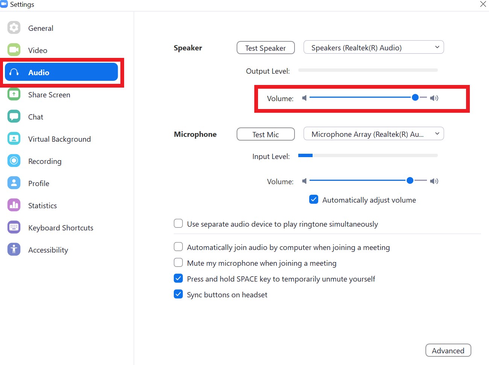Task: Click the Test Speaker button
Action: [x=265, y=48]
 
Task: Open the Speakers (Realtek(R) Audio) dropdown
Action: [x=374, y=47]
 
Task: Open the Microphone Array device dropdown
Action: [x=374, y=134]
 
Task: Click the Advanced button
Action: [x=448, y=350]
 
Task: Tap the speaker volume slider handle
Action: [x=415, y=97]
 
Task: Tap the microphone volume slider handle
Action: [x=410, y=180]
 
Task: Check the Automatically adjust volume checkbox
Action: [x=314, y=199]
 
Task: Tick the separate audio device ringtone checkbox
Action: [x=178, y=224]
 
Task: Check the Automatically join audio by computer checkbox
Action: [x=178, y=247]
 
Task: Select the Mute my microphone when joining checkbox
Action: [x=178, y=262]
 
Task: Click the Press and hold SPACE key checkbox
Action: [x=178, y=279]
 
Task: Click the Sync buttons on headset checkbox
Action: [x=178, y=294]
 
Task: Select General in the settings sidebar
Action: [x=40, y=28]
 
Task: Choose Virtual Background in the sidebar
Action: [x=59, y=139]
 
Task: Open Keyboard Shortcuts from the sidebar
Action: [x=60, y=228]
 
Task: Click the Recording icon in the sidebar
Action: [x=14, y=161]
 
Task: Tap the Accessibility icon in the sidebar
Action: [x=14, y=249]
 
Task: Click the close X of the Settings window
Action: [x=483, y=4]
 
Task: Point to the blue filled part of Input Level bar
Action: [x=305, y=155]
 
